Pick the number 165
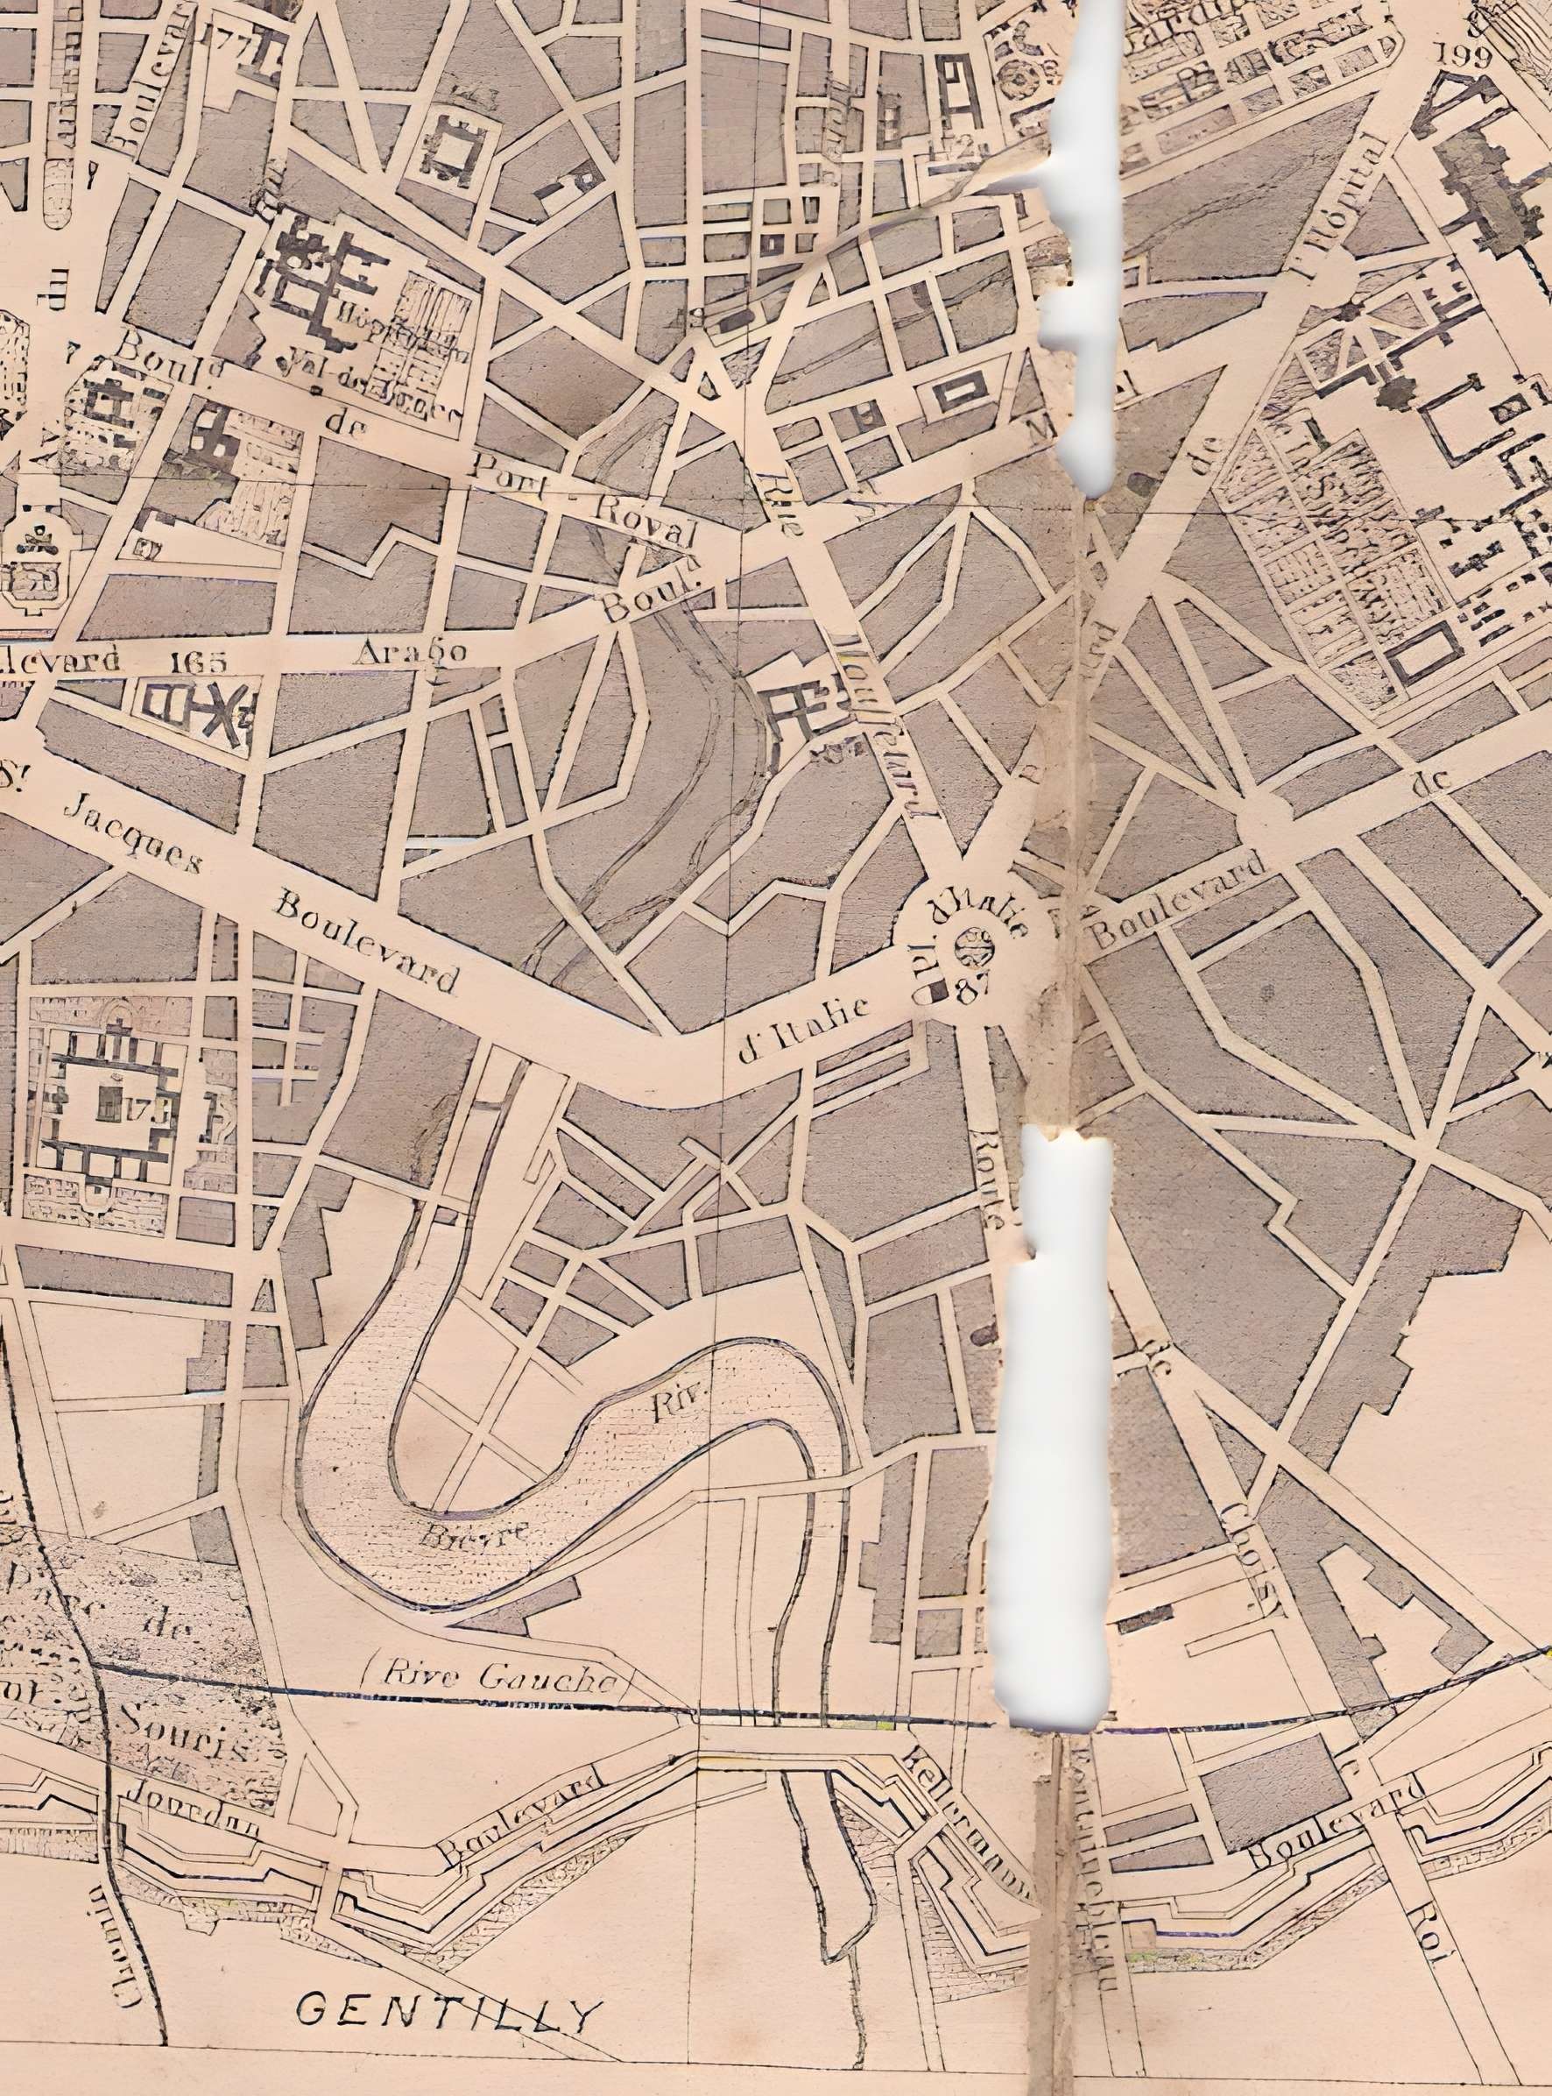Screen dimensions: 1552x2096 click(199, 661)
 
